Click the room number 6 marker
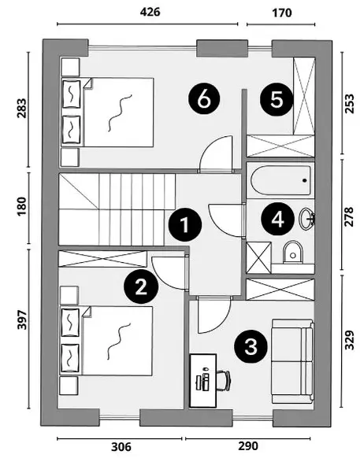(x=204, y=99)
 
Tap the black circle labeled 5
(x=276, y=100)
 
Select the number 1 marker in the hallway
(x=185, y=225)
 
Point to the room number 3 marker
(x=251, y=346)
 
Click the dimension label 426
(x=150, y=12)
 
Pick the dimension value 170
(x=282, y=13)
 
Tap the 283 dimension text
(x=21, y=108)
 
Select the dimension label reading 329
(x=349, y=340)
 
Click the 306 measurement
(x=121, y=447)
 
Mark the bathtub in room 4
(x=280, y=180)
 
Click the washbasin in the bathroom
(x=307, y=219)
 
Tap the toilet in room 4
(x=293, y=252)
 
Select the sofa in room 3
(x=293, y=361)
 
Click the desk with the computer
(x=203, y=381)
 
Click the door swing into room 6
(x=216, y=154)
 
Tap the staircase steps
(x=117, y=209)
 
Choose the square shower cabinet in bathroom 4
(x=259, y=257)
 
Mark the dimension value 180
(x=21, y=206)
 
